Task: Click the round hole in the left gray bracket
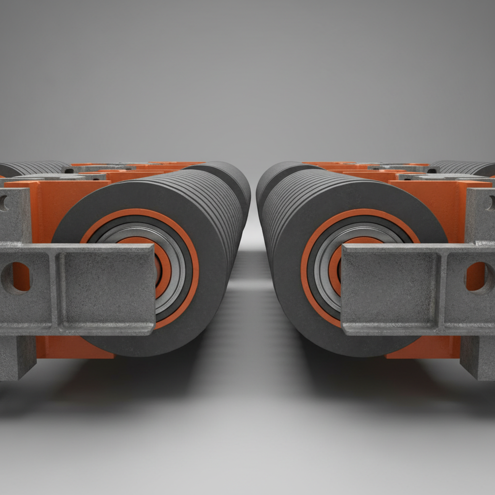click(15, 278)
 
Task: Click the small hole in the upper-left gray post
click(4, 203)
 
